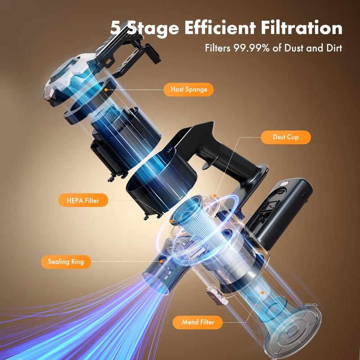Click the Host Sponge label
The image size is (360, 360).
[189, 89]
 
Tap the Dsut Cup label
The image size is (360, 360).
[286, 137]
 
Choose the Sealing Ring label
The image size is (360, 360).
[66, 261]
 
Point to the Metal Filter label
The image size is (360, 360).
[195, 322]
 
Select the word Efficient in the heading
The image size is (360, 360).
[220, 28]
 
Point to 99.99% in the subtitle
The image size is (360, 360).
[250, 48]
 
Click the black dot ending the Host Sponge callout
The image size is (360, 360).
[107, 90]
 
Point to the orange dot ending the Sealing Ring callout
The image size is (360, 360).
[161, 261]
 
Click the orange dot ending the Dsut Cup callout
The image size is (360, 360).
[216, 196]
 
